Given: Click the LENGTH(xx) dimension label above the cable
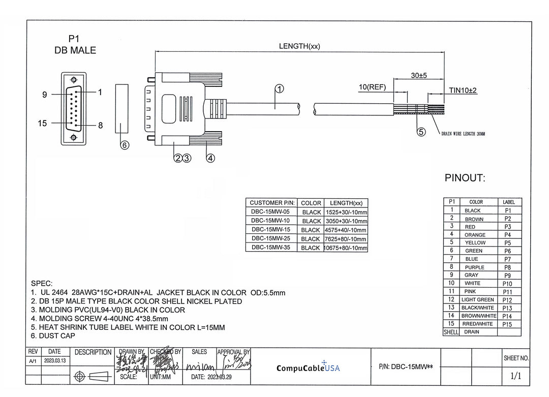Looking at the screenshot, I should [299, 46].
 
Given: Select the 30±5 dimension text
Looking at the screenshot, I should [418, 75].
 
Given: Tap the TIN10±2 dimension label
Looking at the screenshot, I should [463, 90].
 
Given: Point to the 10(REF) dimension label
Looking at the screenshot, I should [372, 87].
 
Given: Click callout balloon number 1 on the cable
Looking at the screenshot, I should [279, 89].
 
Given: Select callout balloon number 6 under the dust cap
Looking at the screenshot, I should [125, 145].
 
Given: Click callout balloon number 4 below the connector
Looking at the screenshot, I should [210, 158].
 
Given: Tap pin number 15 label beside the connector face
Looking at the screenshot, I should [42, 123].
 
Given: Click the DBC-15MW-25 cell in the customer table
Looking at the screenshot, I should [270, 238].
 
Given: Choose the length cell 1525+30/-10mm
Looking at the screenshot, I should [346, 212].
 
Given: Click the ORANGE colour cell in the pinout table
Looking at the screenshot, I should [474, 235].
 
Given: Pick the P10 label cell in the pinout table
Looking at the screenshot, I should [507, 284].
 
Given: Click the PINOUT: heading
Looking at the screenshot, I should [465, 178].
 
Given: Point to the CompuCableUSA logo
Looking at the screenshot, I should [308, 368].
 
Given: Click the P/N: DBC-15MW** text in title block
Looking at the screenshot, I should [406, 366].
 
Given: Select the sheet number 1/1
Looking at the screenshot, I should [515, 376].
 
